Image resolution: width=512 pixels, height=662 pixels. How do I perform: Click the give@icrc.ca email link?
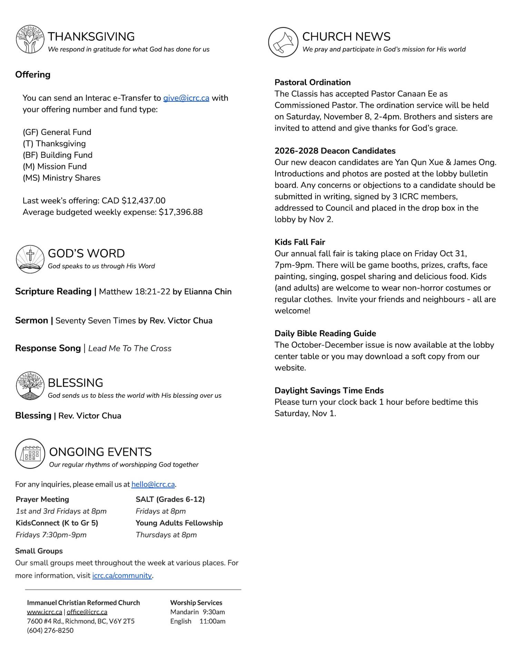point(186,98)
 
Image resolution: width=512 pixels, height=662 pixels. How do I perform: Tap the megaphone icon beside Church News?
point(283,42)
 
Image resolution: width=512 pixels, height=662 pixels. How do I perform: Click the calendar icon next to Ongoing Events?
point(30,454)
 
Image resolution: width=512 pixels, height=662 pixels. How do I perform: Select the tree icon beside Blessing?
point(30,386)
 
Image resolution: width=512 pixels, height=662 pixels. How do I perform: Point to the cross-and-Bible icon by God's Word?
point(30,259)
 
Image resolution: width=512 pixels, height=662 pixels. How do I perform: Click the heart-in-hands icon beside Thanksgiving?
point(30,39)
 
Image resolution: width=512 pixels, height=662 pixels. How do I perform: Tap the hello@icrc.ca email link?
point(153,484)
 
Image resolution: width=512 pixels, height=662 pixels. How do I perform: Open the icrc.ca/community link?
point(122,575)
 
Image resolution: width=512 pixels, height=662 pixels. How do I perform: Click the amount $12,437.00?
point(144,201)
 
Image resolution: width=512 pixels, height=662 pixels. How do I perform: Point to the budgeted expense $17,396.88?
point(180,212)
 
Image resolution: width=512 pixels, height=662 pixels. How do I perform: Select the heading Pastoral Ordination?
point(312,82)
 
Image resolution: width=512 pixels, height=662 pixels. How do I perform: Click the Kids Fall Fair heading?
point(299,242)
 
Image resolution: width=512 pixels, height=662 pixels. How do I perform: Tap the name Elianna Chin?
point(208,292)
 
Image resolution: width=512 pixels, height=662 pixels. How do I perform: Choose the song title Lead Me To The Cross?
point(130,349)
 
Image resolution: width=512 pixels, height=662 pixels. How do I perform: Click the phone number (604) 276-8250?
point(50,630)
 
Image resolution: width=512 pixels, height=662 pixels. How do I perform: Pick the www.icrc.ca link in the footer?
point(45,612)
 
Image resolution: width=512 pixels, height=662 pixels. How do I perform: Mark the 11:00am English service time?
point(212,621)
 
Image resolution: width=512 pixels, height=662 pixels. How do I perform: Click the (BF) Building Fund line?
point(58,155)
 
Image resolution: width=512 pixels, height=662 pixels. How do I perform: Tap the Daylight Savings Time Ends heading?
point(329,391)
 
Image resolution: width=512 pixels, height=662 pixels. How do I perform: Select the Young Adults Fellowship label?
point(179,523)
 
